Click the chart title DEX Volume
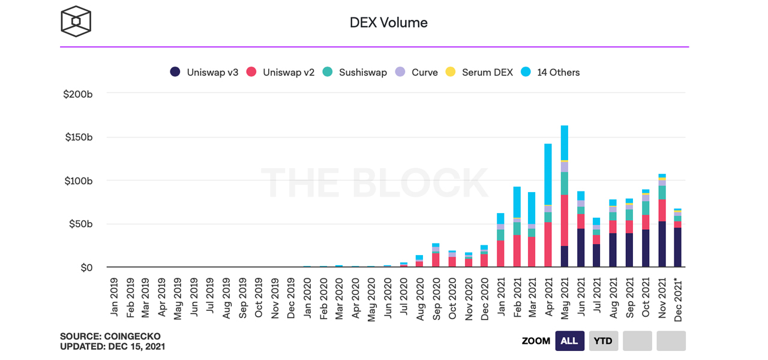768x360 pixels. [388, 23]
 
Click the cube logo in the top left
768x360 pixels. [76, 22]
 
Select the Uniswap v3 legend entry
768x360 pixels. [205, 72]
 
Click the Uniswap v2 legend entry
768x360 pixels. [281, 72]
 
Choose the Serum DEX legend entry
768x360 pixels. [479, 72]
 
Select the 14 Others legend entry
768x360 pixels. [551, 72]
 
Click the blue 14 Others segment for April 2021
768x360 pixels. [548, 174]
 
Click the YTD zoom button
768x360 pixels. [603, 341]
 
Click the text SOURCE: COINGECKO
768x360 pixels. [110, 336]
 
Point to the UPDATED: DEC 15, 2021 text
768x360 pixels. [112, 346]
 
